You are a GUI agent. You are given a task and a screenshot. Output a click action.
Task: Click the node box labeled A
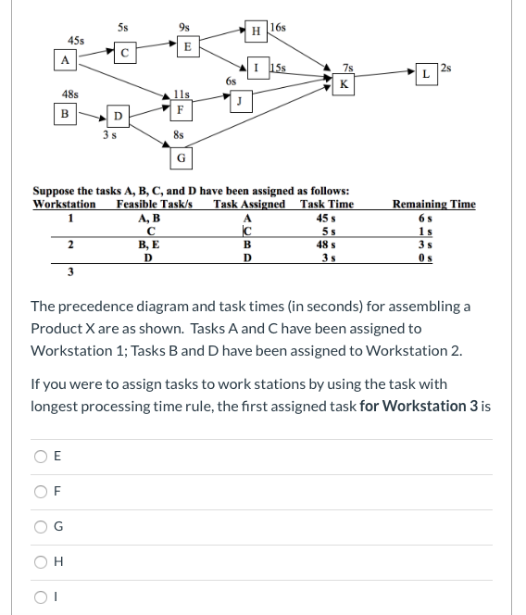64,59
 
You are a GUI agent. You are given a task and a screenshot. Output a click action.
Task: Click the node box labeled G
182,157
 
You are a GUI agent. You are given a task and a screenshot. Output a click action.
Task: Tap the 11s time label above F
182,95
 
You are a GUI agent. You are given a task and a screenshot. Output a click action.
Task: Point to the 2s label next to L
447,67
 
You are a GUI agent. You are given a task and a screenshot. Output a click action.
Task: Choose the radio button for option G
40,527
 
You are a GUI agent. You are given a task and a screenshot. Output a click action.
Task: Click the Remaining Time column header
434,204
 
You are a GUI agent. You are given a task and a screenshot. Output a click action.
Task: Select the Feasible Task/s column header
155,204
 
